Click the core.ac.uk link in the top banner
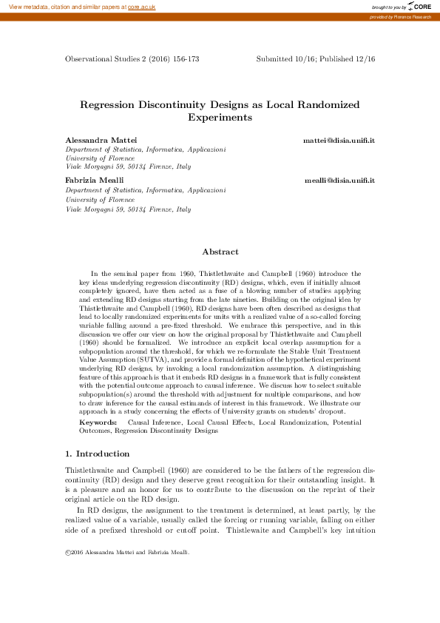tap(141, 6)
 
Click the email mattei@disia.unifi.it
tap(339, 140)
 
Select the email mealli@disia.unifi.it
tap(340, 181)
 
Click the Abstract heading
tap(220, 252)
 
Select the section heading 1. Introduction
tap(97, 454)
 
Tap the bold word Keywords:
tap(98, 422)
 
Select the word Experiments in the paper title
tap(220, 117)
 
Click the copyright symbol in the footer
tap(68, 553)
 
